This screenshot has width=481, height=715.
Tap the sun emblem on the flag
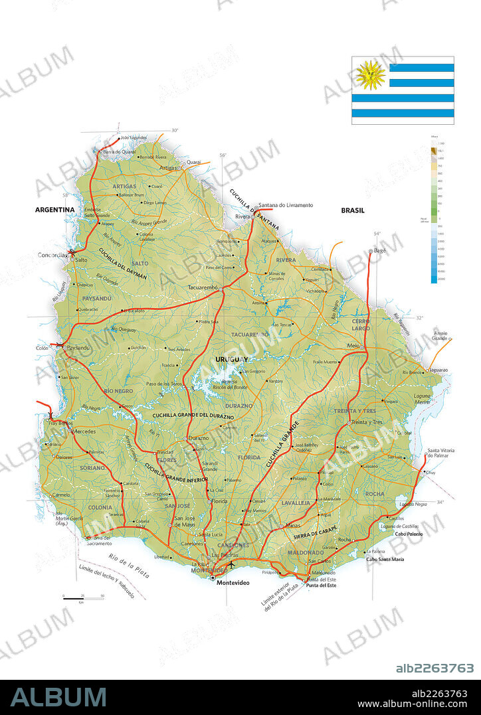coord(370,74)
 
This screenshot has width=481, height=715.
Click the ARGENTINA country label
coord(54,210)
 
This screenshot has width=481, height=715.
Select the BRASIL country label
coord(353,210)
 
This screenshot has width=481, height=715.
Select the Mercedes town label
coord(84,432)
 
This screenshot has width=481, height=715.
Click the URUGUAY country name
coord(232,359)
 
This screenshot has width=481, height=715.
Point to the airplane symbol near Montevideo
coord(231,564)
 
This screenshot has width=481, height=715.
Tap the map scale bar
coord(83,599)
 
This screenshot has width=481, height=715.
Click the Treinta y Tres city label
coord(368,422)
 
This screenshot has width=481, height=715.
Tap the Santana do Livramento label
coord(286,205)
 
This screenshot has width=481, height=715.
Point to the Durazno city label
coord(198,438)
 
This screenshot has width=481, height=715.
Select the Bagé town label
coord(379,251)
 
